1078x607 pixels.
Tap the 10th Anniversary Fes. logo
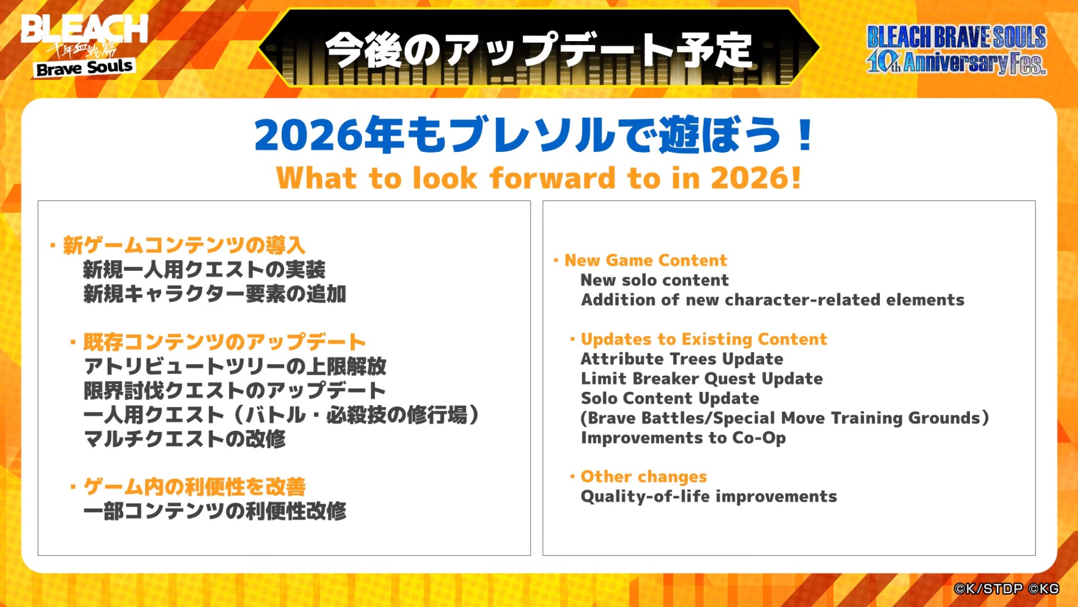tap(956, 50)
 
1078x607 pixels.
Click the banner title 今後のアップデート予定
tap(539, 50)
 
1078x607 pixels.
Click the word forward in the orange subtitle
tap(552, 178)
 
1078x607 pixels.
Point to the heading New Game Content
tap(646, 261)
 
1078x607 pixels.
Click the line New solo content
tap(654, 280)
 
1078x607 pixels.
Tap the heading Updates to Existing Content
tap(704, 339)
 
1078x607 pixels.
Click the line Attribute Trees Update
tap(682, 359)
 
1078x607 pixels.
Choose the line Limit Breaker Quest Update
tap(702, 379)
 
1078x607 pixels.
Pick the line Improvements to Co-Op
tap(684, 438)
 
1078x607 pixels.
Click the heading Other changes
tap(644, 477)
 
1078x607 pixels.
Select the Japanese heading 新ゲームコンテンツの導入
tap(184, 245)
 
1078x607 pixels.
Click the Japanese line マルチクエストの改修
tap(185, 438)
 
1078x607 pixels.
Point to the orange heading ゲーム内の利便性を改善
tap(195, 486)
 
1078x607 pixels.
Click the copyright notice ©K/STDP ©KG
tap(1006, 589)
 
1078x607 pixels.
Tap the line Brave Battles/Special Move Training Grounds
tap(785, 418)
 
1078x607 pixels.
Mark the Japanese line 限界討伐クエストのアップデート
tap(235, 390)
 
